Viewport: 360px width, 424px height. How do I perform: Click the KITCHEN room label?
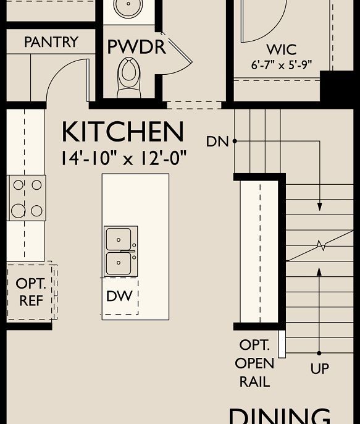pyautogui.click(x=123, y=132)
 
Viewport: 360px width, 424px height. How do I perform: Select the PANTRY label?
pyautogui.click(x=51, y=42)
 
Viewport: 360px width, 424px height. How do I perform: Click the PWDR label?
pyautogui.click(x=136, y=47)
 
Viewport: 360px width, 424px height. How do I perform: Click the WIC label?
pyautogui.click(x=281, y=49)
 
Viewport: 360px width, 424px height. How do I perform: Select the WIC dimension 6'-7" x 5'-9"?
pyautogui.click(x=281, y=64)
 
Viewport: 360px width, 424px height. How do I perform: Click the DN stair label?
pyautogui.click(x=217, y=142)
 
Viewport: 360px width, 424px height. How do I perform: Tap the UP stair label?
pyautogui.click(x=319, y=369)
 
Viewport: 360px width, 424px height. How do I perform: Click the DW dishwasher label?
pyautogui.click(x=119, y=296)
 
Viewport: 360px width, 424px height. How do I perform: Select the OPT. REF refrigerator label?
pyautogui.click(x=31, y=292)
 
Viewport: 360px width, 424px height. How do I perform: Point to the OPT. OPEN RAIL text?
pyautogui.click(x=254, y=363)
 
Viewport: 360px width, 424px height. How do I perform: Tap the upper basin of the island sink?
pyautogui.click(x=119, y=239)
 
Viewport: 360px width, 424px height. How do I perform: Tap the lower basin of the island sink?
pyautogui.click(x=119, y=264)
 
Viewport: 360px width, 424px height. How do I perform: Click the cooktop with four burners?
pyautogui.click(x=27, y=198)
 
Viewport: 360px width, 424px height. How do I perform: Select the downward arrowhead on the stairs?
pyautogui.click(x=320, y=206)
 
